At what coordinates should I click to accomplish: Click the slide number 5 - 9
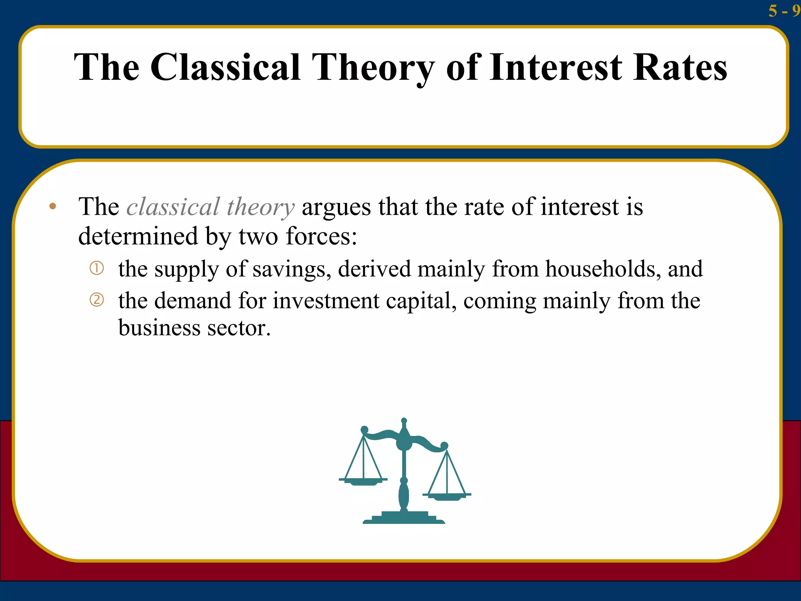(783, 11)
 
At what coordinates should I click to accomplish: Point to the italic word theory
(260, 207)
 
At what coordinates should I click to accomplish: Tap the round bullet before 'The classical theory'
(53, 206)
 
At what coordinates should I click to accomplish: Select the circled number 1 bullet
(97, 268)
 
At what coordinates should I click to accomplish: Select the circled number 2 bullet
(97, 300)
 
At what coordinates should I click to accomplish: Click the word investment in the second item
(326, 301)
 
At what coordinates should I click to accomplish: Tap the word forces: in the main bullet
(321, 236)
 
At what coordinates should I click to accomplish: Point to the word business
(159, 327)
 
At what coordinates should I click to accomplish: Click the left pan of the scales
(363, 481)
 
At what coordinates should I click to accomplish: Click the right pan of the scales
(447, 496)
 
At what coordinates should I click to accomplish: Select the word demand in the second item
(192, 301)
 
